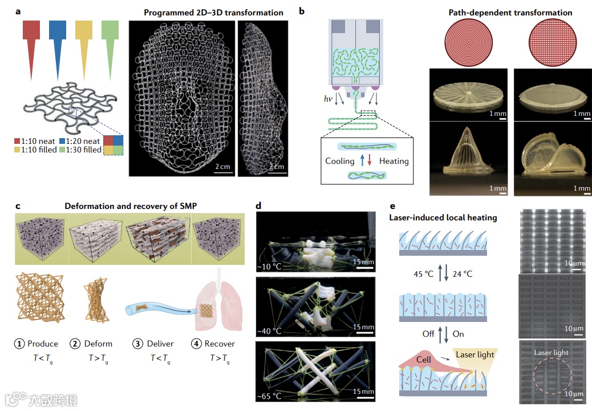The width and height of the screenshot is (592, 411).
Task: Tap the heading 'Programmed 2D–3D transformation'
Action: [213, 13]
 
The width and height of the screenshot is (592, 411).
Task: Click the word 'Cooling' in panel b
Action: [340, 161]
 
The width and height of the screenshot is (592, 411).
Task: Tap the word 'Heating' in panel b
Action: [394, 161]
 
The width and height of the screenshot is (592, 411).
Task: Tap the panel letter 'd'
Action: [259, 204]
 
